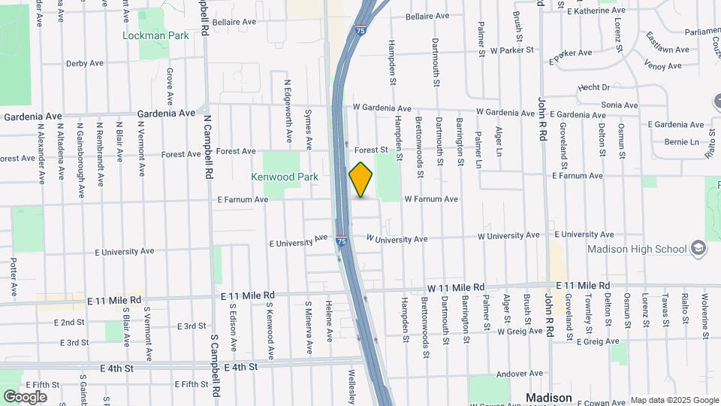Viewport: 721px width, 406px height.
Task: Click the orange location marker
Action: pos(360,180)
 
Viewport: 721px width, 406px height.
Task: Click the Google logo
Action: pos(25,396)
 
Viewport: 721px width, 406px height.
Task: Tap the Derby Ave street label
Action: pos(84,63)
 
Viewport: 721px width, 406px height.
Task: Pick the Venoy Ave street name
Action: pos(662,65)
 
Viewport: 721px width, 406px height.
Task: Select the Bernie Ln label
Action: pos(680,142)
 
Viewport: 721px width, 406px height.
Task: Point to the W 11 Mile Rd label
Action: pos(456,287)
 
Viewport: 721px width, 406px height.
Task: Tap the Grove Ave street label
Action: pos(170,86)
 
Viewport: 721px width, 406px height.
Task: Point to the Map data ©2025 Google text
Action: pos(673,400)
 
